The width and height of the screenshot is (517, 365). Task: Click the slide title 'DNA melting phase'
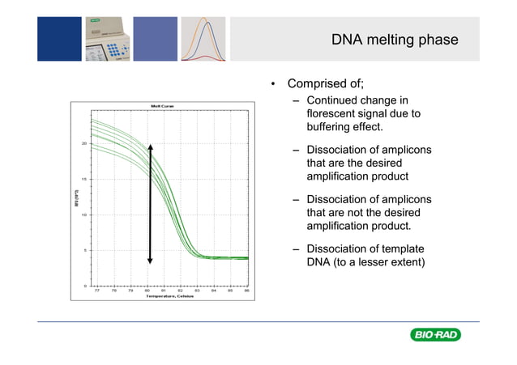[395, 40]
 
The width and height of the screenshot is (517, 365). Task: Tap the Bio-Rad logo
[435, 335]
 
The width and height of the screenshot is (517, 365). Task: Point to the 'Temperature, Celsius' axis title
[171, 296]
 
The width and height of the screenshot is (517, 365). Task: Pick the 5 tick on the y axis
[84, 250]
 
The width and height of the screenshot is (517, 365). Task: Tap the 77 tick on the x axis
[97, 290]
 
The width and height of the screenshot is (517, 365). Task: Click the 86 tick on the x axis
[247, 290]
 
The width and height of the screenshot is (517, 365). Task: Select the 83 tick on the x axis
[197, 290]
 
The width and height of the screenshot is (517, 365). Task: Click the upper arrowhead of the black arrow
[150, 145]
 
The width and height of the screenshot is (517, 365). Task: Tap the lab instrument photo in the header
[107, 40]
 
